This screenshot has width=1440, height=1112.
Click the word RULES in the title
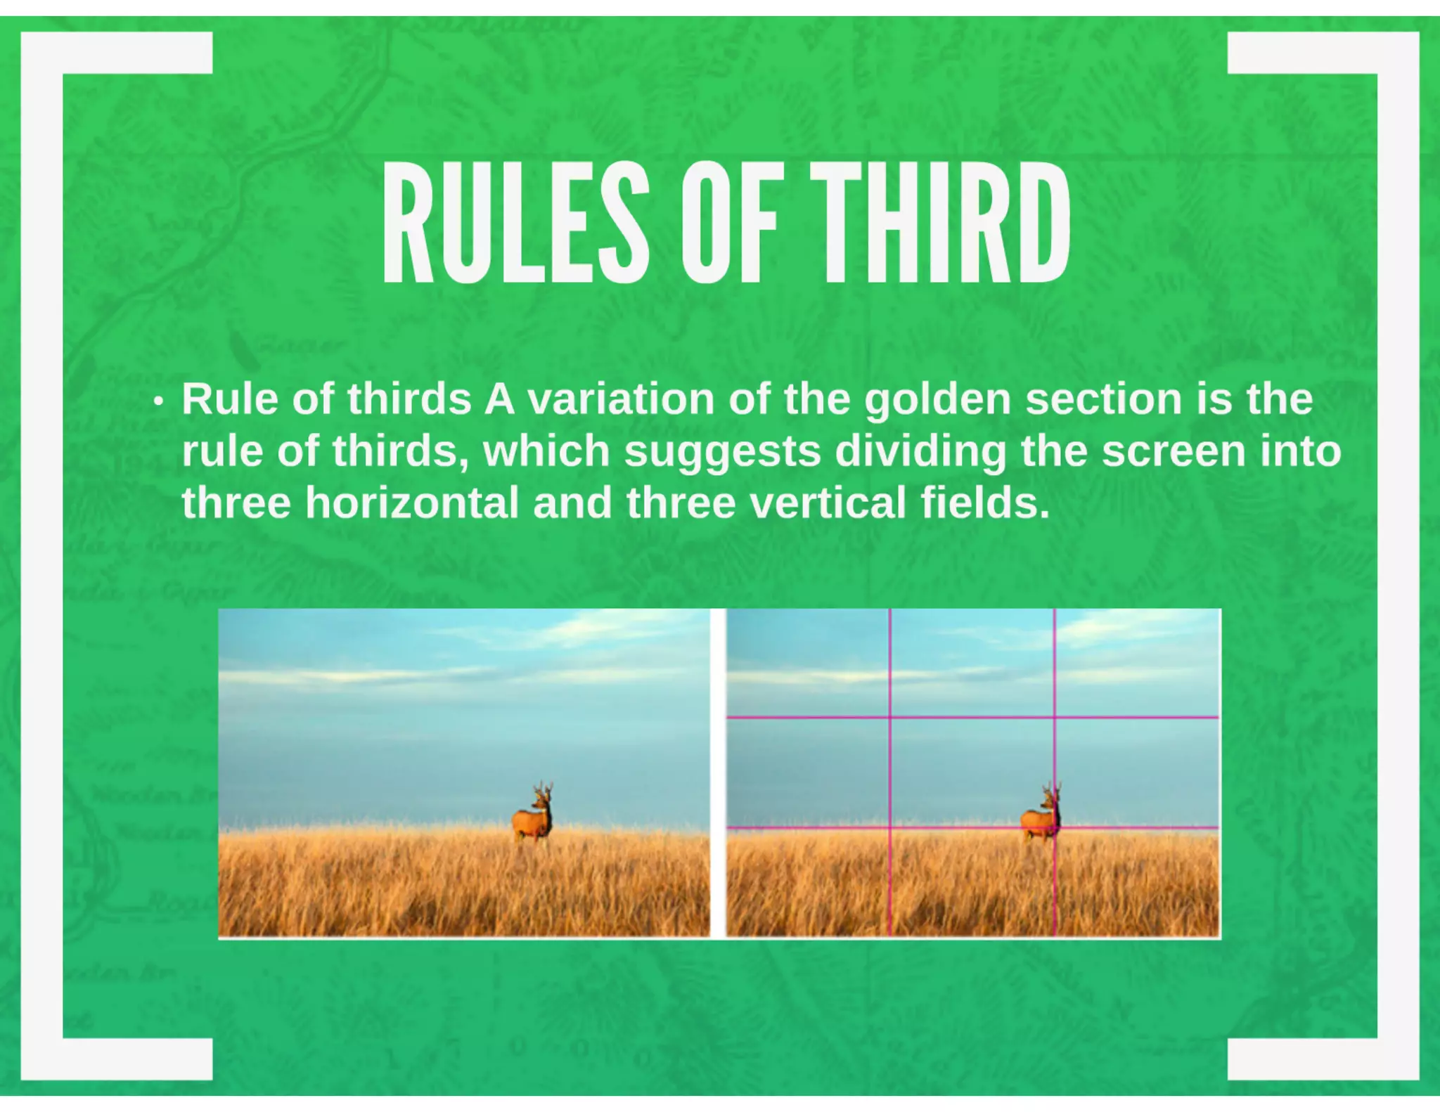point(515,223)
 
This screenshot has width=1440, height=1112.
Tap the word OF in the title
point(729,223)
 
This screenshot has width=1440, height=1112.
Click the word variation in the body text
point(621,399)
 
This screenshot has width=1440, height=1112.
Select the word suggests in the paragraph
point(723,451)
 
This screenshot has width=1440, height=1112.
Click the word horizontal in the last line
point(412,503)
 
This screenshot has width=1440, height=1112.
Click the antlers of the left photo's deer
point(542,788)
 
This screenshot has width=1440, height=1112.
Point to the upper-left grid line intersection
point(890,718)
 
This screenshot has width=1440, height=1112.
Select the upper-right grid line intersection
point(1055,718)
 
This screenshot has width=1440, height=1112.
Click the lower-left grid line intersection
point(890,828)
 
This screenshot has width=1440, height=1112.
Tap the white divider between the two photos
point(718,772)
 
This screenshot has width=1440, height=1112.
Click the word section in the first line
point(1102,399)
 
